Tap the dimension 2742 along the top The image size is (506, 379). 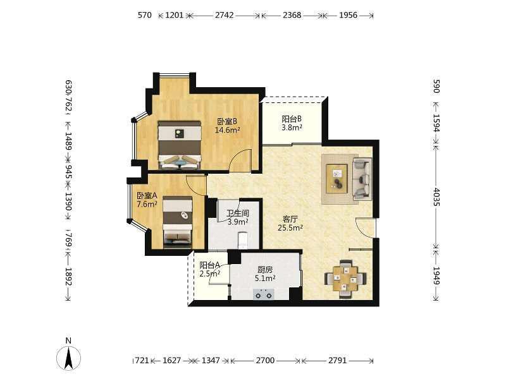click(x=225, y=15)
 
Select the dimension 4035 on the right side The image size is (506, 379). click(x=436, y=197)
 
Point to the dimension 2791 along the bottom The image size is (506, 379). click(x=338, y=360)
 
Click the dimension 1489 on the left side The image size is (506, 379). click(x=68, y=141)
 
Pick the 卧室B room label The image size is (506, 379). click(x=227, y=121)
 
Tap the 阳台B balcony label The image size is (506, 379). click(x=292, y=119)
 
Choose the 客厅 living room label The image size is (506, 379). click(x=290, y=219)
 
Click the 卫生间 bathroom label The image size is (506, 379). click(x=238, y=214)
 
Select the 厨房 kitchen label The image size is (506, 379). click(x=265, y=270)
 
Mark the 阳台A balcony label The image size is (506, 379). click(x=210, y=265)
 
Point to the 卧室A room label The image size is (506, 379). click(x=147, y=196)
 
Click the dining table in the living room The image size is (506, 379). click(x=345, y=279)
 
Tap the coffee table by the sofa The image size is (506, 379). click(x=337, y=179)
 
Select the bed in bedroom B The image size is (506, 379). click(x=180, y=145)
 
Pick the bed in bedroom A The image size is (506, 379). click(x=178, y=222)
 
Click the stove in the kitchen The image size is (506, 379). click(x=263, y=294)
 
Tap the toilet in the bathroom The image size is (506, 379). click(x=243, y=240)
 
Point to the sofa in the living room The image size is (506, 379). click(x=362, y=178)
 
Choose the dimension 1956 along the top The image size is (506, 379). click(x=349, y=15)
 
